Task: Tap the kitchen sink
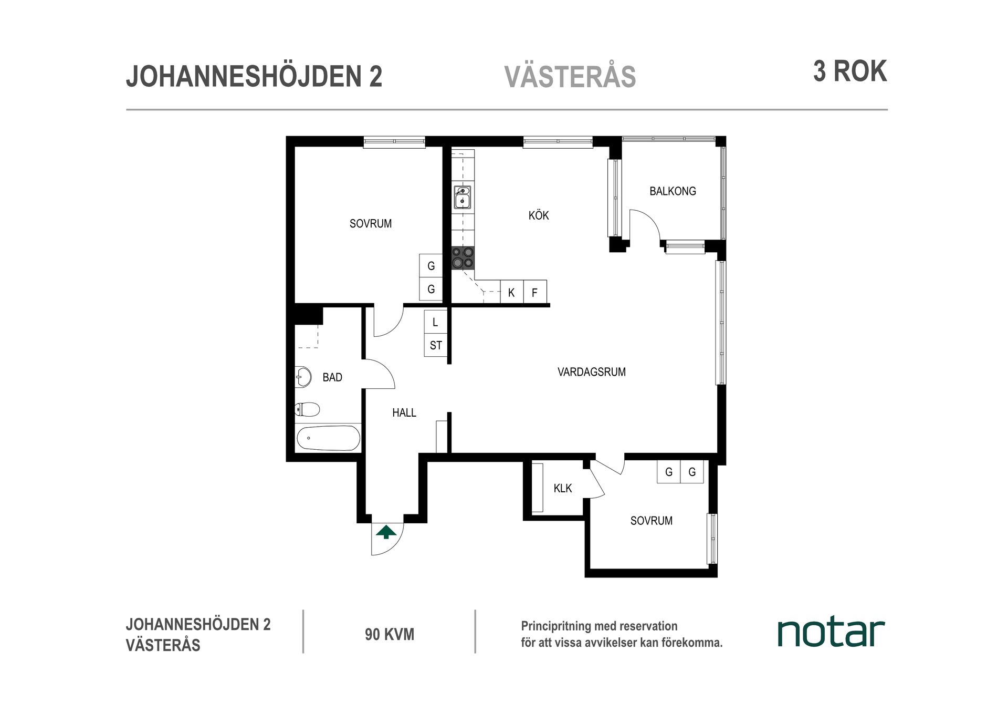coord(463,197)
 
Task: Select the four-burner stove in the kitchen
coord(463,257)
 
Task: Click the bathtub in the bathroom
coord(328,438)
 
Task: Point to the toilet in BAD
coord(308,409)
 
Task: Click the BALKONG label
coord(673,191)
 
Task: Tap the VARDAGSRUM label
coord(591,372)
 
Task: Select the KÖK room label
coord(539,215)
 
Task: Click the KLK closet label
coord(562,489)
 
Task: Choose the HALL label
coord(404,413)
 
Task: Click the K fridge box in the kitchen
coord(511,292)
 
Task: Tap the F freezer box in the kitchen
coord(535,292)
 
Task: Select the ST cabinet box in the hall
coord(436,345)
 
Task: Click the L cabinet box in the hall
coord(435,322)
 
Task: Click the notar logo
coord(831,633)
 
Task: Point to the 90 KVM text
coord(390,634)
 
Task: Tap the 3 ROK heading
coord(850,71)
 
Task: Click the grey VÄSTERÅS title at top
coord(570,77)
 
